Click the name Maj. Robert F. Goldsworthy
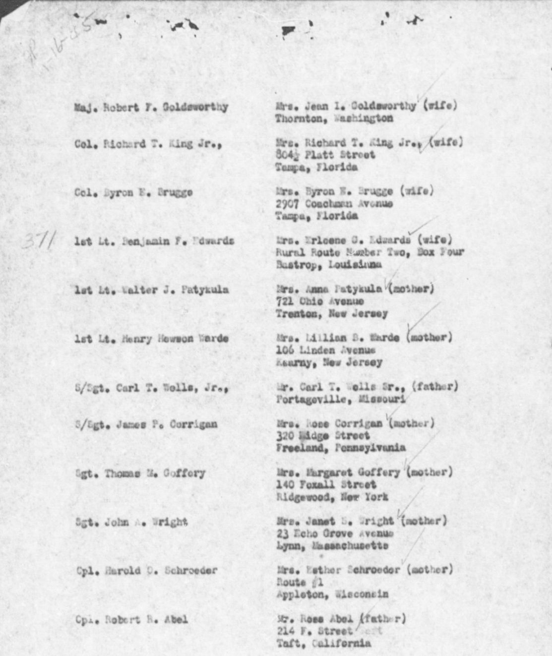[x=151, y=107]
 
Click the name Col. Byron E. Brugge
[x=133, y=192]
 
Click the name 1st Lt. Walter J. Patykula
[x=151, y=290]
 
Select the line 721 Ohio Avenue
[x=319, y=301]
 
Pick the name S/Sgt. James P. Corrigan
[x=146, y=424]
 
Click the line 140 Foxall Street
[x=326, y=484]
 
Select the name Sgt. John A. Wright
[x=131, y=522]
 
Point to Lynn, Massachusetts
[x=332, y=546]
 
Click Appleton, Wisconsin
[x=332, y=594]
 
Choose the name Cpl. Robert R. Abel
[x=131, y=619]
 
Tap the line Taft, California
[x=323, y=644]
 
